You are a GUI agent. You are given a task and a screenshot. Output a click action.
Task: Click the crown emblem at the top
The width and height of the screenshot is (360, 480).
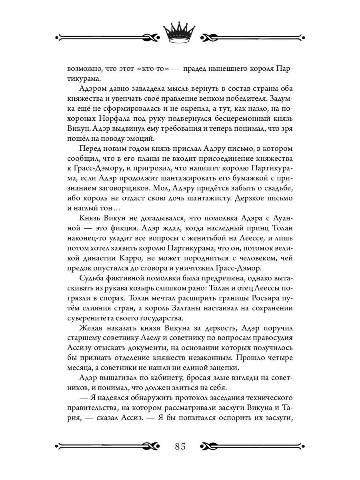[180, 33]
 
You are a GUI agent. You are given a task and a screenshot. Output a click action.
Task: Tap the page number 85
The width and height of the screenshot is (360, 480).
[180, 446]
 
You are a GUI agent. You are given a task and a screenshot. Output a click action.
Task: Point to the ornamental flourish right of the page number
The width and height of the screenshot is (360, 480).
[252, 446]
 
